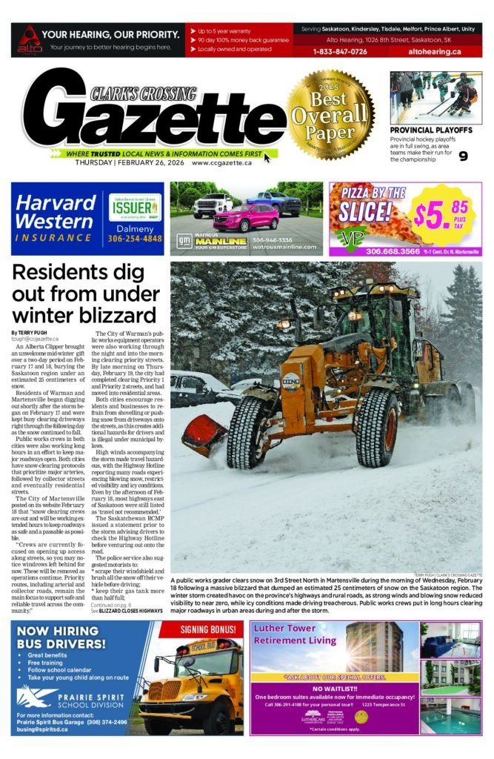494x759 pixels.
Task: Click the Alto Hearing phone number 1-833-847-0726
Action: pyautogui.click(x=340, y=52)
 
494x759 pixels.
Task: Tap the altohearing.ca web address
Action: pyautogui.click(x=434, y=52)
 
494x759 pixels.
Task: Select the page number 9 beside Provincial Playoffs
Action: pyautogui.click(x=463, y=156)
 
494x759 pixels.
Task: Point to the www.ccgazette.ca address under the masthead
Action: pyautogui.click(x=221, y=163)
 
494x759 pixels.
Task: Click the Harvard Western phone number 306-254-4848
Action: pyautogui.click(x=136, y=239)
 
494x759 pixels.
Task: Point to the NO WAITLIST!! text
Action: pyautogui.click(x=333, y=688)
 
